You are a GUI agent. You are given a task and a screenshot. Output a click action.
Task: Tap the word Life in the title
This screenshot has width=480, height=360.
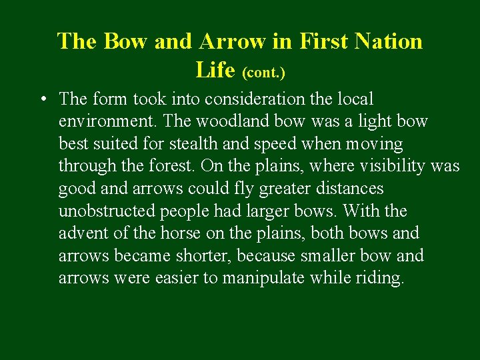[x=217, y=69]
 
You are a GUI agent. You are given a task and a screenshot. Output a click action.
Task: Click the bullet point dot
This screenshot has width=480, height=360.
[x=42, y=100]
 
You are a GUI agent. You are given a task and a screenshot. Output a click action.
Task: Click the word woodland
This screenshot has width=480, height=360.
[x=227, y=121]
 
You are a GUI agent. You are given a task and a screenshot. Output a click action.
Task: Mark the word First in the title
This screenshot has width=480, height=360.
[x=325, y=41]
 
